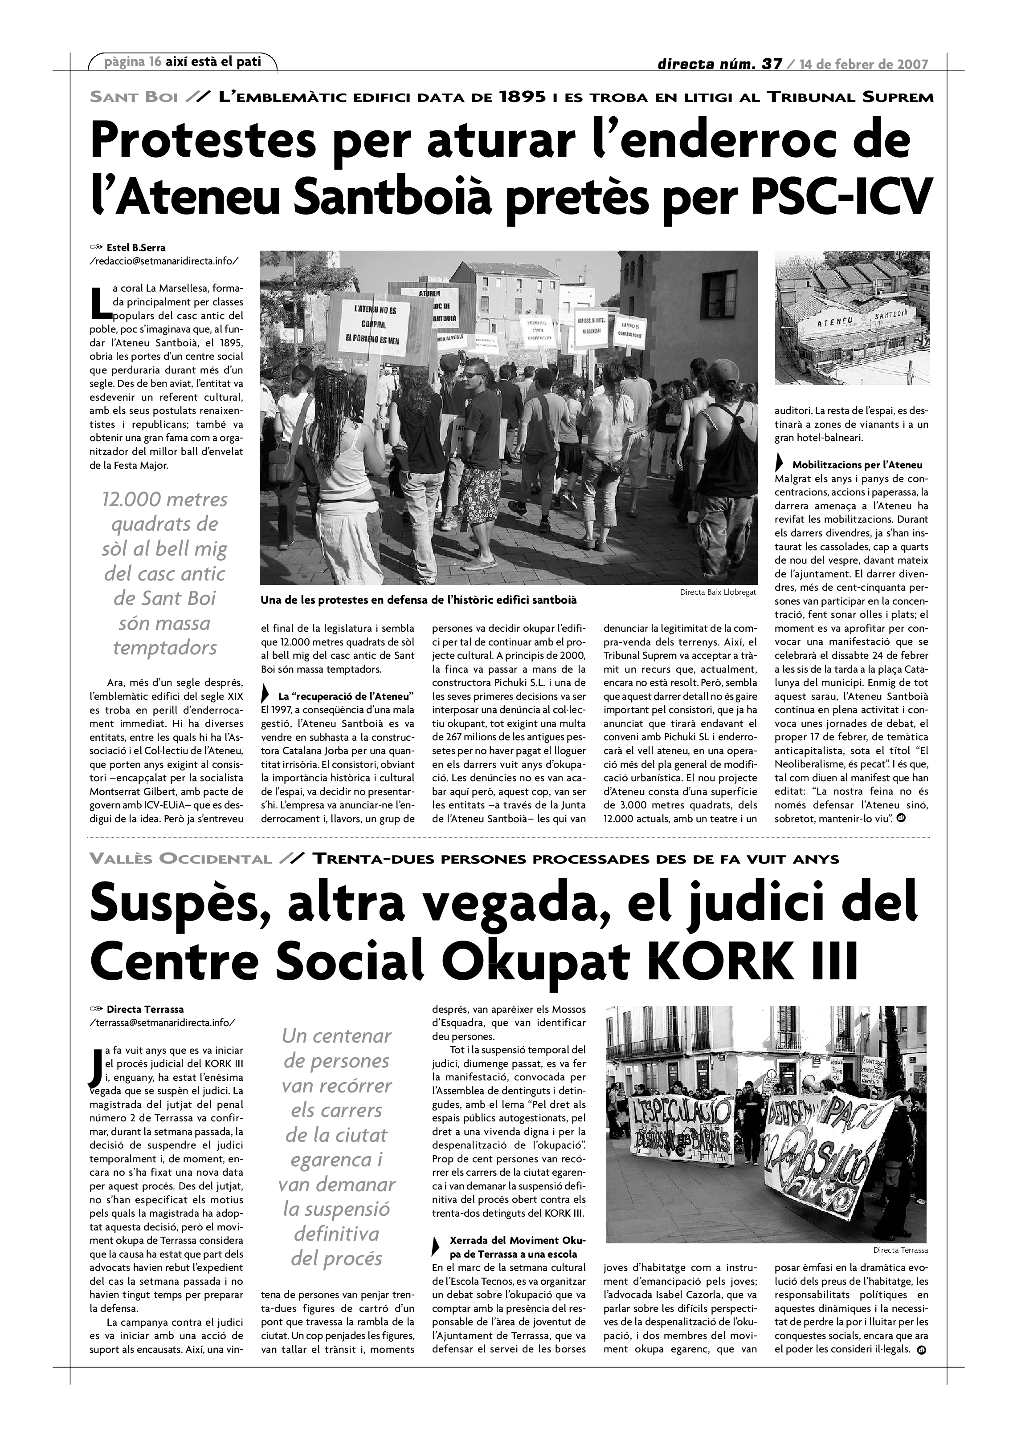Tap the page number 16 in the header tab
(x=155, y=62)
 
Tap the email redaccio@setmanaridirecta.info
(x=164, y=260)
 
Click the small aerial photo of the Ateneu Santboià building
(x=852, y=317)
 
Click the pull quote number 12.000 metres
(x=165, y=499)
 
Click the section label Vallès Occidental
(x=180, y=859)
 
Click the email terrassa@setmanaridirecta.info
(x=163, y=1023)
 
